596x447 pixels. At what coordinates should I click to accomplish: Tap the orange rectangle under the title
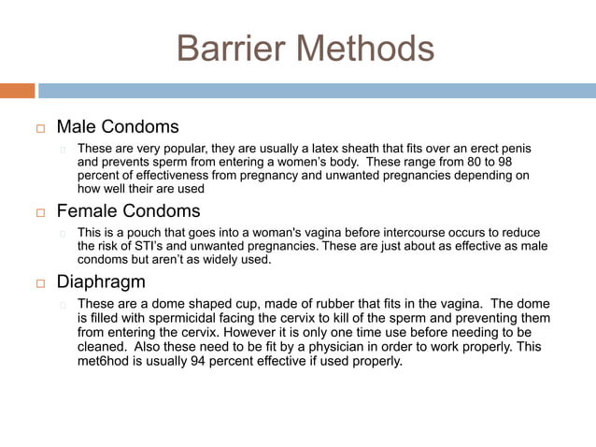coord(17,91)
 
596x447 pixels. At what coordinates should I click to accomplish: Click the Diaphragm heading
coord(101,281)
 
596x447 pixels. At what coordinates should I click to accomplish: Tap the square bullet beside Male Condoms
coord(40,127)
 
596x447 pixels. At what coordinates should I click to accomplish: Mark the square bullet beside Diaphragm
coord(40,283)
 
